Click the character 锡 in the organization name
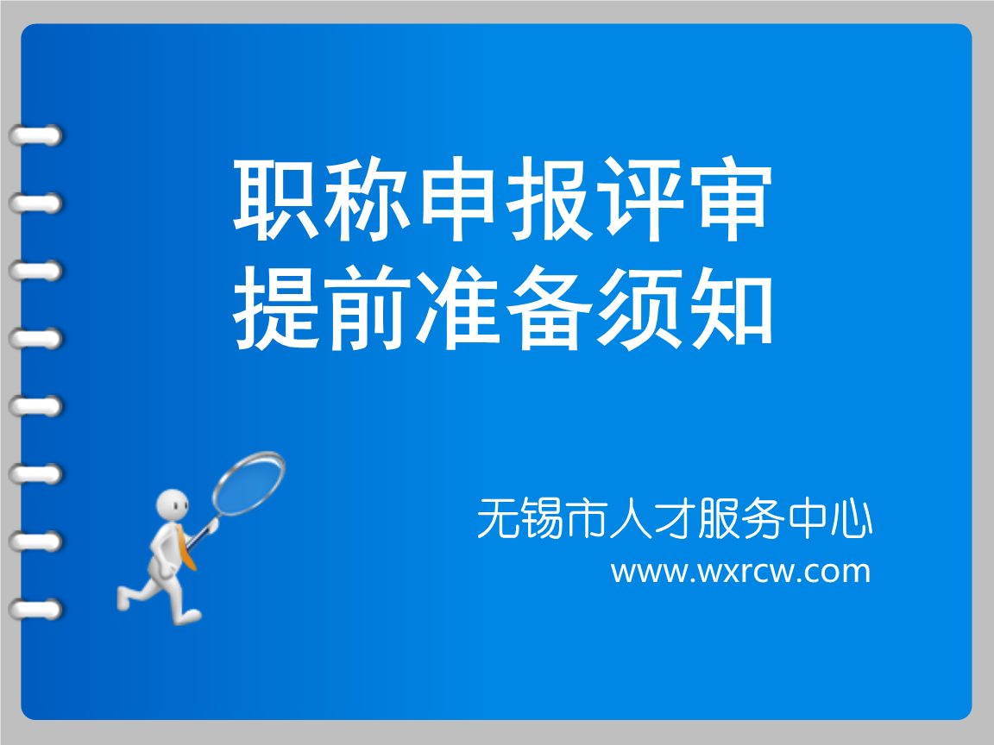coord(542,519)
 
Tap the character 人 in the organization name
coord(630,519)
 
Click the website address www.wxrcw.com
coord(740,571)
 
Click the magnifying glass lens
coord(249,483)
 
